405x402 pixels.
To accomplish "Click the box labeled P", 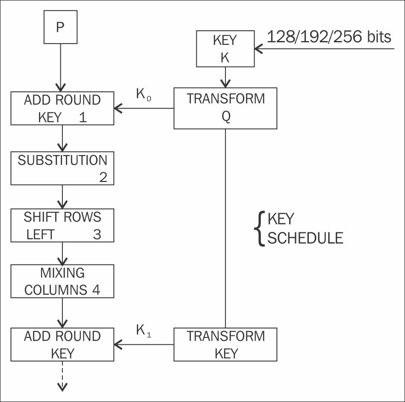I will (60, 28).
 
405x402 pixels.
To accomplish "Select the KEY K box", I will (225, 49).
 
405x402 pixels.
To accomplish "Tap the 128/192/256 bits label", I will (329, 37).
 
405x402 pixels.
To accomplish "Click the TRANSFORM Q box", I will (225, 108).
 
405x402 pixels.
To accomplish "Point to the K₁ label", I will (144, 331).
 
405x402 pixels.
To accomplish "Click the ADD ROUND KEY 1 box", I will (62, 109).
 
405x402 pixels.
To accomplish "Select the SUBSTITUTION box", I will (62, 168).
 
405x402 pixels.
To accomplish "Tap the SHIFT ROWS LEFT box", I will (62, 226).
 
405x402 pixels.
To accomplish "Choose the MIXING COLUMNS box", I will (62, 281).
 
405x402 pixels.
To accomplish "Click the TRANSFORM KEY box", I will (225, 344).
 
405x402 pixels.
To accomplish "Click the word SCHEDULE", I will (305, 238).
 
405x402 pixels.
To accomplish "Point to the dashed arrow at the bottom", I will (62, 376).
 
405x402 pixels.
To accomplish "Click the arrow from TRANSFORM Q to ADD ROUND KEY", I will (144, 109).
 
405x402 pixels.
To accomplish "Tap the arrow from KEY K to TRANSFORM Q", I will (225, 77).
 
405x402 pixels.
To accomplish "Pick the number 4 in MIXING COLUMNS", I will (96, 290).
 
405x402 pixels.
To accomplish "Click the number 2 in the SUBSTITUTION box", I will (103, 177).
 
